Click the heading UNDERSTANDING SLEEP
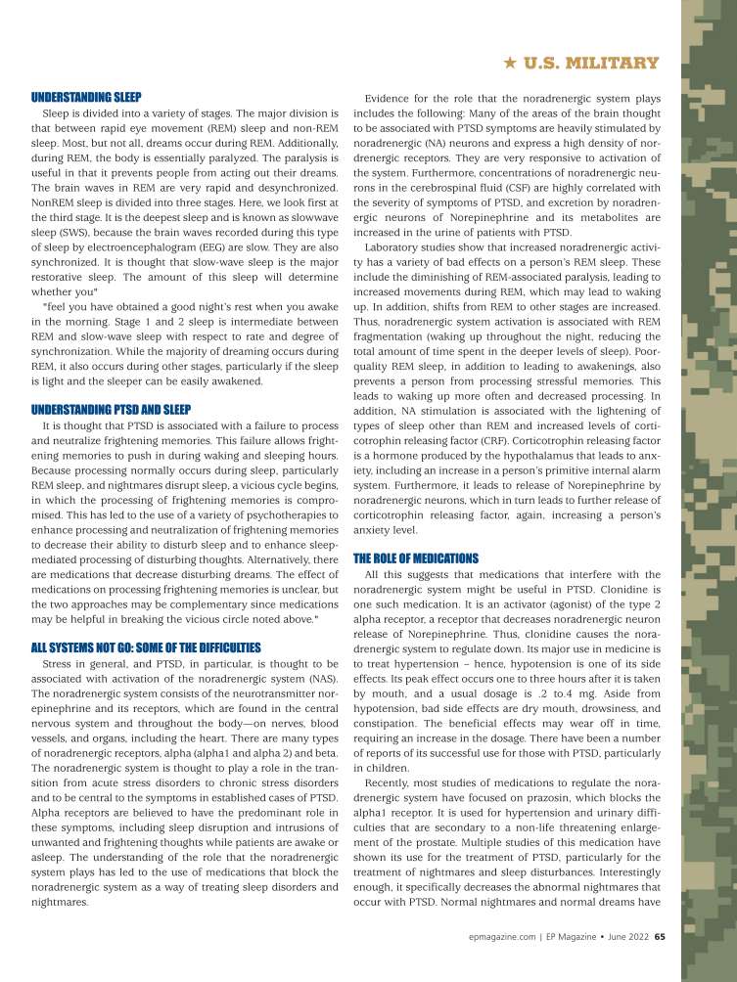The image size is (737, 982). coord(86,98)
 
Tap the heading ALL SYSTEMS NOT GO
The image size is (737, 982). coord(146,647)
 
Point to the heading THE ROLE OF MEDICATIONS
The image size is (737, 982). coord(415,558)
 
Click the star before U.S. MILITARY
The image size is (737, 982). coord(509,64)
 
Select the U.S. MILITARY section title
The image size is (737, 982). coord(591,64)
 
